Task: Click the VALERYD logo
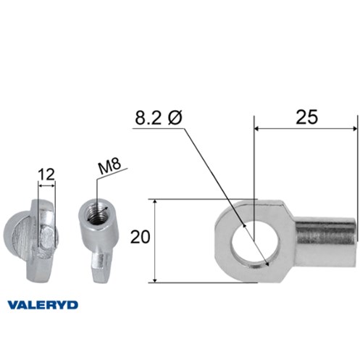[43, 305]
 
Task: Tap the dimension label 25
[306, 117]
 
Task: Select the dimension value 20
[140, 237]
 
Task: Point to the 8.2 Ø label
[159, 117]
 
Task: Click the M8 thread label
[109, 166]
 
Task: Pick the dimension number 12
[46, 175]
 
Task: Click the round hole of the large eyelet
[255, 243]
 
